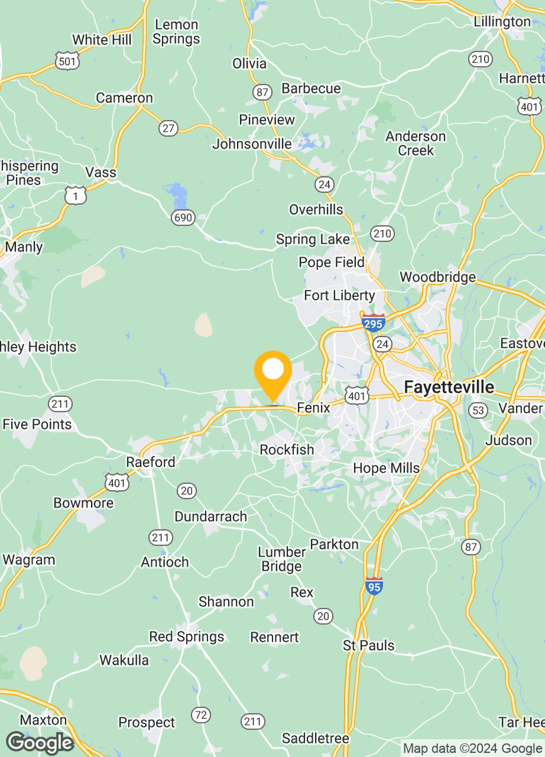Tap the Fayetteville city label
point(449,387)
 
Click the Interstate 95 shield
point(374,586)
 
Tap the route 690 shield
point(183,218)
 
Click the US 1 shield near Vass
point(76,196)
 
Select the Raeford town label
point(151,462)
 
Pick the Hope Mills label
point(386,468)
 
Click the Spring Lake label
point(313,240)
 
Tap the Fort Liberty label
point(340,296)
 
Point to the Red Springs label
point(186,637)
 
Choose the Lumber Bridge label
point(282,559)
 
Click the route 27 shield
point(168,128)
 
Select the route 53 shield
point(478,410)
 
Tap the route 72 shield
point(201,715)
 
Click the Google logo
point(40,743)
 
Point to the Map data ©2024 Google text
point(472,748)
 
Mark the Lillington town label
point(502,22)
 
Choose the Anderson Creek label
point(416,143)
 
